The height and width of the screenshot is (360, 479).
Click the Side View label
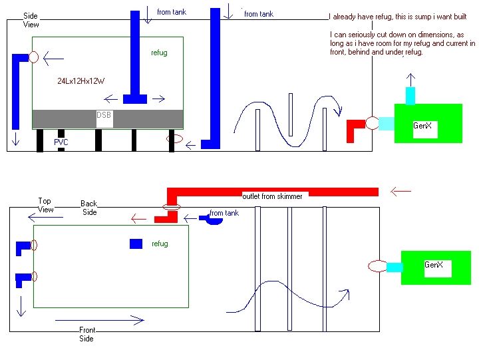31,20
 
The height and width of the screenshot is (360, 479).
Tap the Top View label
45,205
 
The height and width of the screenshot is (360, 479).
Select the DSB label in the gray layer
104,115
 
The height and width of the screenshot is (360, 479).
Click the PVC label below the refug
61,142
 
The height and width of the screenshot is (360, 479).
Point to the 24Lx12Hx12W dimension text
81,81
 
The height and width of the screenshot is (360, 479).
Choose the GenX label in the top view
434,265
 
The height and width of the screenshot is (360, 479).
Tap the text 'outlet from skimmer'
272,196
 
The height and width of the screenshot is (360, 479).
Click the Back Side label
88,208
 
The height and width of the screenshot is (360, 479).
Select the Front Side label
87,334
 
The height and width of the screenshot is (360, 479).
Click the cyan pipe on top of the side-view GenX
410,95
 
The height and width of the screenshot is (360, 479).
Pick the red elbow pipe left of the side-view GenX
353,129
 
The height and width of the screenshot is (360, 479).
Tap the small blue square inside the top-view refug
136,244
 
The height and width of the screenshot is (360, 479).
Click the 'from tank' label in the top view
224,213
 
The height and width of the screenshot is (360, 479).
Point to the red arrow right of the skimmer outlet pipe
400,192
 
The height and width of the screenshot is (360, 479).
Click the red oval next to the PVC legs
175,139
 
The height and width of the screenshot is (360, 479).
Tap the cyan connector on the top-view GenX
394,267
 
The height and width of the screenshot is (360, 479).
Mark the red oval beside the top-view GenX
377,266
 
